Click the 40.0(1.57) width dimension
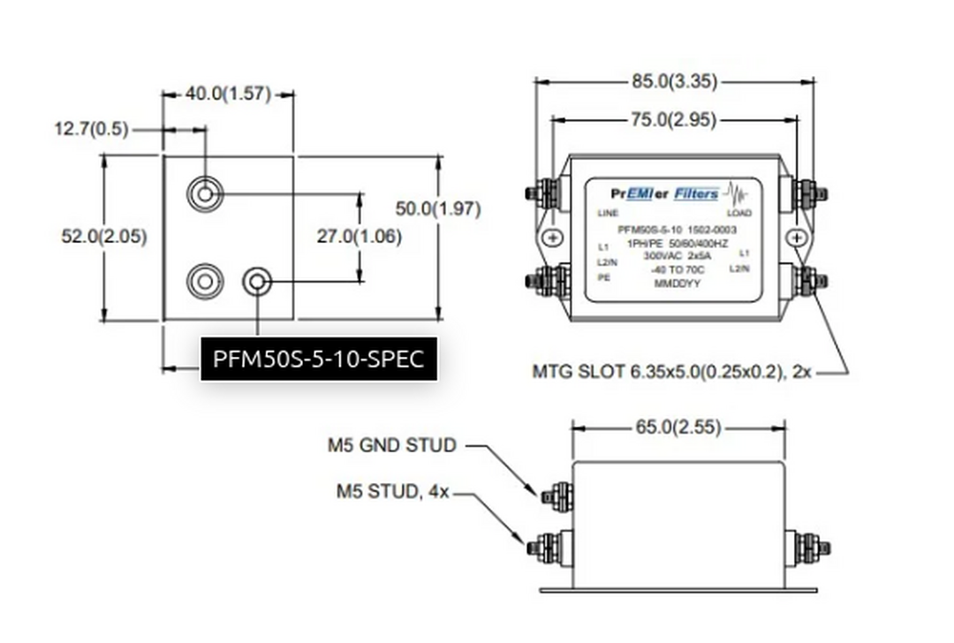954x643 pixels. pos(227,95)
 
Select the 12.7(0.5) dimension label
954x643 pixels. pos(91,130)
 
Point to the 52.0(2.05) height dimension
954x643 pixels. pos(104,237)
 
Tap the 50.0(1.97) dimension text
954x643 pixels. pos(437,209)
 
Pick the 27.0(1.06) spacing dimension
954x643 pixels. pos(360,237)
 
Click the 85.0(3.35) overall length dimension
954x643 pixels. pos(674,82)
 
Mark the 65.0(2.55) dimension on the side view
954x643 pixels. pos(678,428)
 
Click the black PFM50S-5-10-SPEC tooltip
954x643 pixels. pos(319,359)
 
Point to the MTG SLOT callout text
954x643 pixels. pos(671,372)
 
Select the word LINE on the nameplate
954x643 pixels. pos(608,214)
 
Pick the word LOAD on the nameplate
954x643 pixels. pos(738,214)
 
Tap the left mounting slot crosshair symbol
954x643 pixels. pos(553,238)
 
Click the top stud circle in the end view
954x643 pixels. pos(205,193)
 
